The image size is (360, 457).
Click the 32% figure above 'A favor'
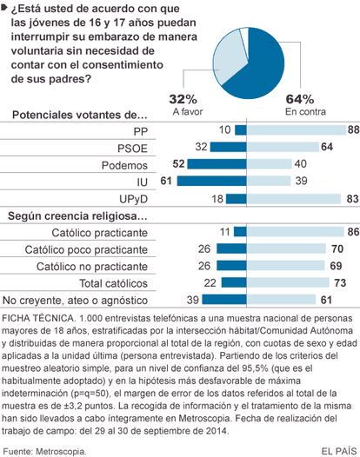[x=183, y=99]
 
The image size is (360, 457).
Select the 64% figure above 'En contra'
[x=300, y=99]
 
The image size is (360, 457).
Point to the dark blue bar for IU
[x=211, y=181]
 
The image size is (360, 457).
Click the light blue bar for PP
[x=297, y=130]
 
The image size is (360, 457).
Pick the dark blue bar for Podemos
[x=217, y=164]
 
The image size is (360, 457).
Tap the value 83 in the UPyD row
[x=352, y=198]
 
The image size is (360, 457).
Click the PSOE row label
[x=132, y=149]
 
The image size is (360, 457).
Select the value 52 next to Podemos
[x=178, y=164]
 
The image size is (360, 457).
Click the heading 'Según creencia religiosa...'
[x=77, y=216]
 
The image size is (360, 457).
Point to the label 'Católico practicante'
[x=99, y=233]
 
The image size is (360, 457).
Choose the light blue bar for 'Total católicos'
[x=288, y=282]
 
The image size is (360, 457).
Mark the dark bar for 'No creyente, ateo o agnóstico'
[x=224, y=300]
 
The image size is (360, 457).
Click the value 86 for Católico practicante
[x=353, y=232]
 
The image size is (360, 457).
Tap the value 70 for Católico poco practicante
[x=337, y=248]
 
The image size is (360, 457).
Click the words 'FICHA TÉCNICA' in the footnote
[x=37, y=318]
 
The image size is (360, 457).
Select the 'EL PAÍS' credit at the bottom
[x=339, y=451]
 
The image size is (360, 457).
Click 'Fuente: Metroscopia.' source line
[x=44, y=452]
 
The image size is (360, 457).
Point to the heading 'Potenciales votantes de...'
[x=80, y=115]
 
